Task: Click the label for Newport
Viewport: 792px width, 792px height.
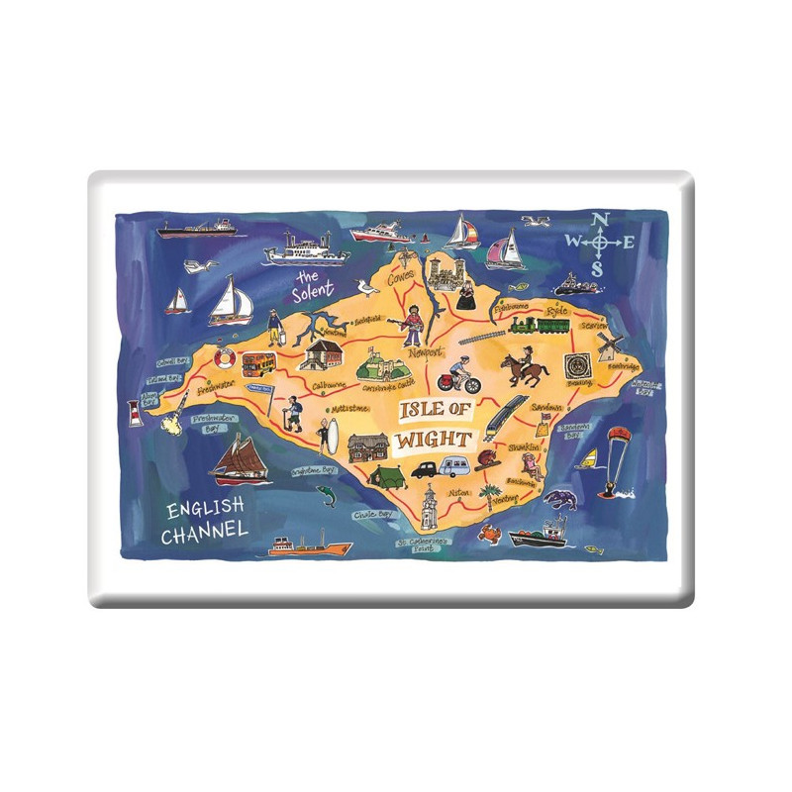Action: pos(419,351)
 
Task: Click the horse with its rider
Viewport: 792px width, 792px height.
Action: pos(526,367)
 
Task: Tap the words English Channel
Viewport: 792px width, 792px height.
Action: pos(205,521)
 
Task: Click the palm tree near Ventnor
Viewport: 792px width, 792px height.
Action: pos(489,493)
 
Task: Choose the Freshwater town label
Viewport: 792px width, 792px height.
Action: pos(213,388)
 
